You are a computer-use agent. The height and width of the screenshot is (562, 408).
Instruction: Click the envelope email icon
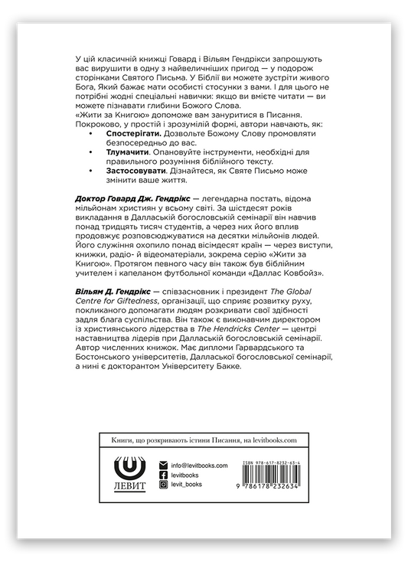click(x=162, y=465)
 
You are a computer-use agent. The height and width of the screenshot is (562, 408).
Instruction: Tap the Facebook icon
click(x=162, y=475)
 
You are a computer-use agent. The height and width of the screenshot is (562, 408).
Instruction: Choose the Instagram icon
click(x=162, y=485)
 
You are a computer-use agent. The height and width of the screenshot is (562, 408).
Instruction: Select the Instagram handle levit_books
click(x=189, y=485)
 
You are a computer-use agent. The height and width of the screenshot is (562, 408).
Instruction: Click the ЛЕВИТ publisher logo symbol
click(x=127, y=466)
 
